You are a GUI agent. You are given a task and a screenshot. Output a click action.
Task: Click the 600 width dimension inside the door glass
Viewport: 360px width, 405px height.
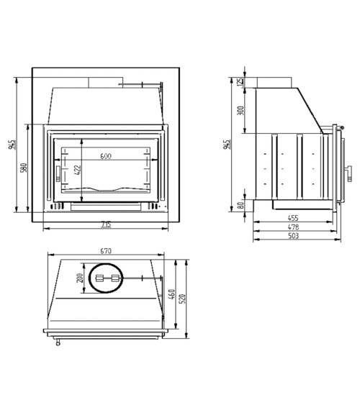(x=106, y=156)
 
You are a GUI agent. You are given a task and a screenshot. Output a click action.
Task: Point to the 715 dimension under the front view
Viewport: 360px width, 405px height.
(x=106, y=224)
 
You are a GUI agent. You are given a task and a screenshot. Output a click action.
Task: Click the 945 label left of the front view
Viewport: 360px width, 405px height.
(x=13, y=144)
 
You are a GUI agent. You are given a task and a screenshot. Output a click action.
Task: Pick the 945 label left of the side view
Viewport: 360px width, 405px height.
(x=228, y=144)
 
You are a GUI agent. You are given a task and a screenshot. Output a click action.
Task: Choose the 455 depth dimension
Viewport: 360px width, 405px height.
(x=294, y=217)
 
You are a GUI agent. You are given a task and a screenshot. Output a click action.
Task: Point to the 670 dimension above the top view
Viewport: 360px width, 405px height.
(x=106, y=251)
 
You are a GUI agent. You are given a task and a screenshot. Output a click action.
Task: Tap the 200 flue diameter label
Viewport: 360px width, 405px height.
(x=80, y=278)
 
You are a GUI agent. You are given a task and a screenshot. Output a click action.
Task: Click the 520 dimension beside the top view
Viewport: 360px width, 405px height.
(x=184, y=298)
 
